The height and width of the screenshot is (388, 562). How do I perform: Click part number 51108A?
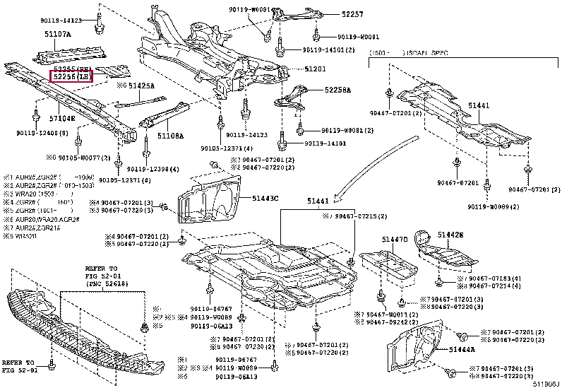point(169,134)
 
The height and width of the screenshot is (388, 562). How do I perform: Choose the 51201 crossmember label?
point(316,69)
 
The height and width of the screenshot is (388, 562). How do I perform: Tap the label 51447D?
point(395,240)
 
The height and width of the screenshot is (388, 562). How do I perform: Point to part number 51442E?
point(450,234)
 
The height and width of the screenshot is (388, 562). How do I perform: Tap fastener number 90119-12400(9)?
point(40,133)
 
